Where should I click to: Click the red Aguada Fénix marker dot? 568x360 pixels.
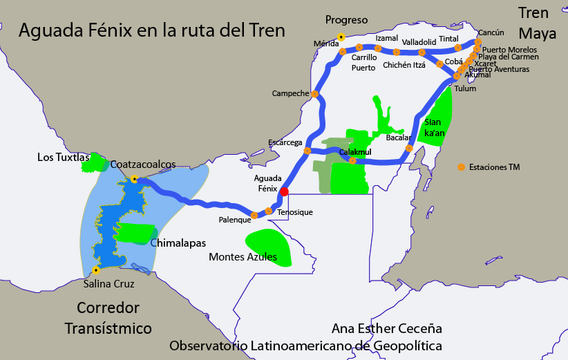(x=284, y=192)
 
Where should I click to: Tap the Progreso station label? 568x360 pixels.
(x=346, y=20)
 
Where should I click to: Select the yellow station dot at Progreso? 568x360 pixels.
(x=341, y=37)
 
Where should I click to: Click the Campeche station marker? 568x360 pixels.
(x=315, y=94)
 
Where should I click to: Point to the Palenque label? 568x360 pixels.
(x=234, y=220)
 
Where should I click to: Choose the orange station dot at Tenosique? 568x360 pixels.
(x=269, y=211)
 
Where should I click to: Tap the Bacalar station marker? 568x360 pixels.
(x=409, y=148)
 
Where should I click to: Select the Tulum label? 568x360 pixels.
(x=465, y=88)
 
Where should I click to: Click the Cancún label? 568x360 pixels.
(x=491, y=32)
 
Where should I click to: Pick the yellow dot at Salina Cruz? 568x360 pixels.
(x=95, y=270)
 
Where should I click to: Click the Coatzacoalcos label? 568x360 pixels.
(x=142, y=164)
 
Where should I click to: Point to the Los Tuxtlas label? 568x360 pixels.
(x=60, y=158)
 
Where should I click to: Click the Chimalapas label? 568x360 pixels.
(x=178, y=243)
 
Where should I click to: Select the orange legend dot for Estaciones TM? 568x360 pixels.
(x=462, y=167)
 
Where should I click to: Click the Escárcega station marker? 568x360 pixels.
(x=307, y=150)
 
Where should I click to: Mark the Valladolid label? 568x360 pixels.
(x=419, y=41)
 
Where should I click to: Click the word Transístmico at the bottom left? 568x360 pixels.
(x=108, y=328)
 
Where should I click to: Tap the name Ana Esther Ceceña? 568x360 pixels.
(x=387, y=328)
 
